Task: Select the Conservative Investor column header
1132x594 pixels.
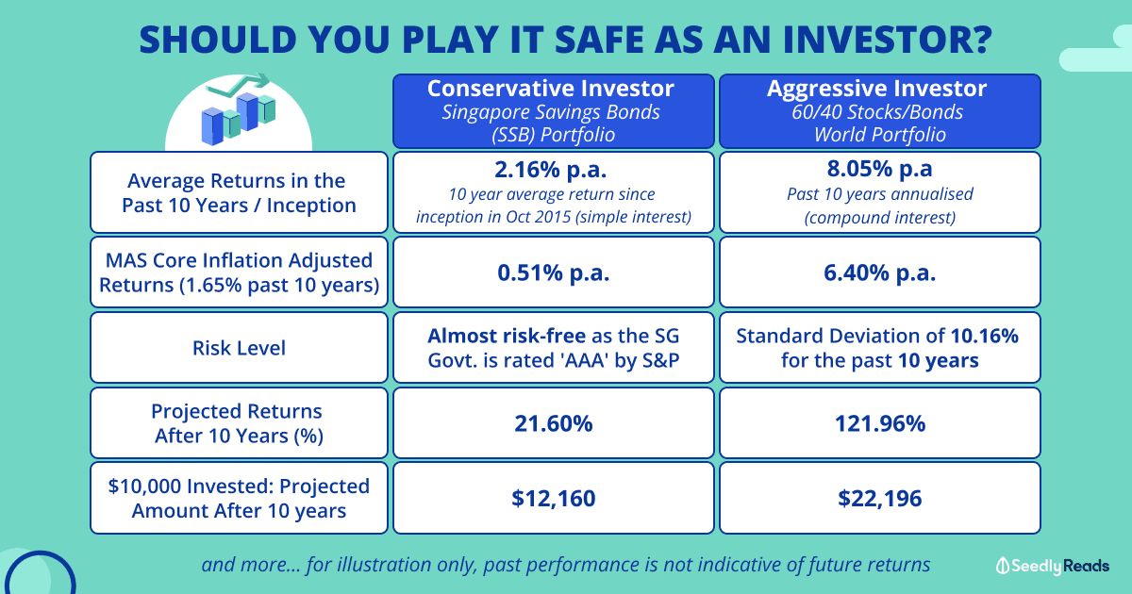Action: coord(554,111)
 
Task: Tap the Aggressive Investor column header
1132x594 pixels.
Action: coord(880,111)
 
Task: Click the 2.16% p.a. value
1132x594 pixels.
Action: coord(550,169)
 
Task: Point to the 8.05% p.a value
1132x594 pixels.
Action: coord(879,169)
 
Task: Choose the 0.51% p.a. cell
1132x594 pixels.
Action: coord(554,272)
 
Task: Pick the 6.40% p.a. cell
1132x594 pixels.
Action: coord(880,272)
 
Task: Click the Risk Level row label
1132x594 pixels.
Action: coord(239,348)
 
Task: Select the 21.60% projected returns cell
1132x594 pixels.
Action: coord(554,423)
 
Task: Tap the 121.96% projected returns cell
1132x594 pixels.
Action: coord(880,423)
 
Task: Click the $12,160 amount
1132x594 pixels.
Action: coord(554,499)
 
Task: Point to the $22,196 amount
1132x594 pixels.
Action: coord(880,499)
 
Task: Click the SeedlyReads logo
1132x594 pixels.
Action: coord(1053,566)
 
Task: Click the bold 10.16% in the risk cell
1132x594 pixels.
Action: coord(985,336)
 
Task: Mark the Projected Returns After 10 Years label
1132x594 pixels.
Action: coord(238,423)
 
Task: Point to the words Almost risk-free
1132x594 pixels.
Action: coord(507,336)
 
